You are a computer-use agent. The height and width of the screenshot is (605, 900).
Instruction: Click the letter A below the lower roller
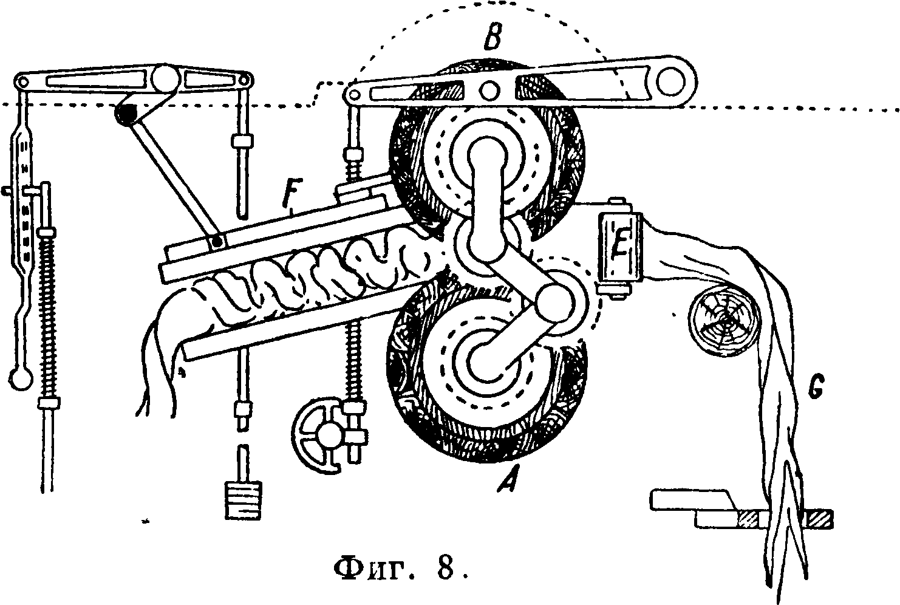tap(510, 479)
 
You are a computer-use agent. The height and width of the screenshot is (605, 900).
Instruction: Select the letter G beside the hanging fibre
tap(816, 386)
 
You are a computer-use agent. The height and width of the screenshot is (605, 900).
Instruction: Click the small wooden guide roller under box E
tap(723, 320)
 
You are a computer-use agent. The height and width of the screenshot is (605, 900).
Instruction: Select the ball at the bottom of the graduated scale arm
tap(21, 378)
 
